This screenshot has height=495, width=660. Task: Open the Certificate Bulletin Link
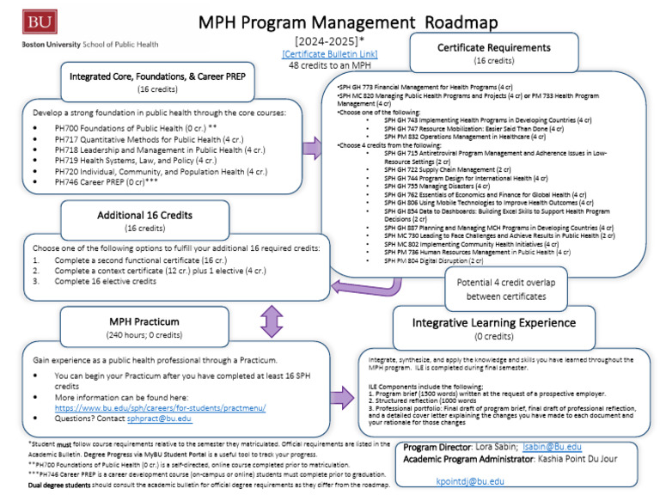click(329, 53)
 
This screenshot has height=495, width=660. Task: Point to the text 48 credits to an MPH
click(329, 65)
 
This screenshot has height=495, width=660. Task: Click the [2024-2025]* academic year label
click(329, 41)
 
